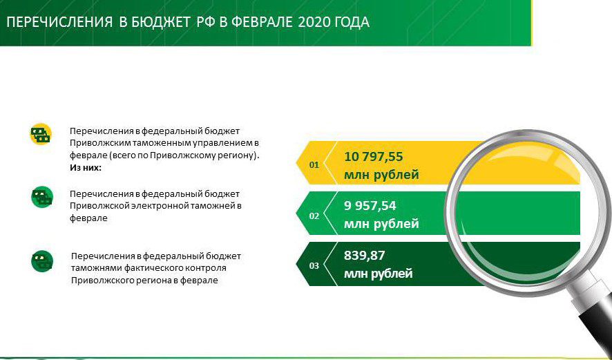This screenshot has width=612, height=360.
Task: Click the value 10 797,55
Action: (373, 157)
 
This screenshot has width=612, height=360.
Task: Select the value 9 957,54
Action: (370, 206)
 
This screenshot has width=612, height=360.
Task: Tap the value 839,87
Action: (365, 256)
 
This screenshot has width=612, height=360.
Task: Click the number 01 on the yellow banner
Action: (314, 164)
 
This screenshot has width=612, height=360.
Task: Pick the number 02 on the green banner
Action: (314, 216)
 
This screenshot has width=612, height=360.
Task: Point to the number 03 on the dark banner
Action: (314, 266)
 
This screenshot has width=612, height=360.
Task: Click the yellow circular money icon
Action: (41, 134)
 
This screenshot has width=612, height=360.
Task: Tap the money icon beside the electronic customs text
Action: (41, 197)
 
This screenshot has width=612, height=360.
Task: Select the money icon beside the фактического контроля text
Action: (41, 260)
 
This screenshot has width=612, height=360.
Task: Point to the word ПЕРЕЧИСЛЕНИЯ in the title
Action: (59, 23)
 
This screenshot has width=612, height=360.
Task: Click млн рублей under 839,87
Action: (379, 274)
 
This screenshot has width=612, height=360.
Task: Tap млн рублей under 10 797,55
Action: (381, 175)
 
